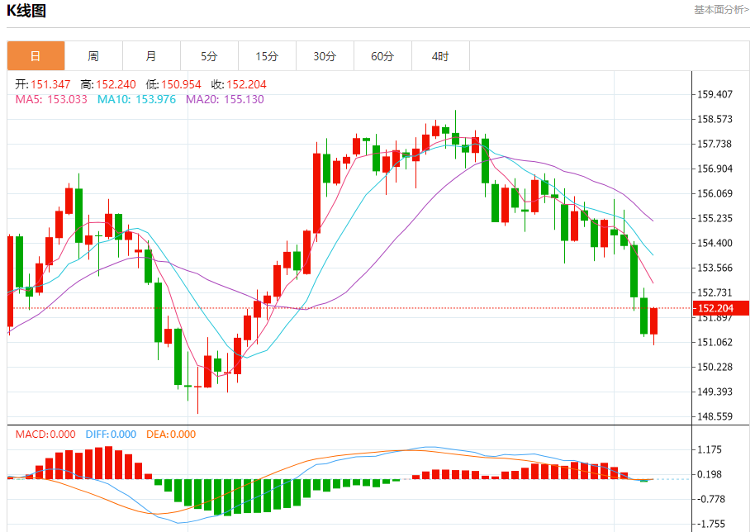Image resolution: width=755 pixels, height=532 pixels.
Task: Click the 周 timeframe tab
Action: [93, 56]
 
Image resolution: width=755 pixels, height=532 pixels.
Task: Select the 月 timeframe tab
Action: [151, 56]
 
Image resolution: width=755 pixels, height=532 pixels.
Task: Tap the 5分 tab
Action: [209, 56]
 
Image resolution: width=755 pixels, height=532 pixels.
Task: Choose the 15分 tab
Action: [267, 56]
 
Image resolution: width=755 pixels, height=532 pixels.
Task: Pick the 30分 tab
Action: [325, 56]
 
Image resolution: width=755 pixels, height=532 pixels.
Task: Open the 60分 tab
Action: [382, 56]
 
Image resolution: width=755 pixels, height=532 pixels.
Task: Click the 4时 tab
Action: [440, 56]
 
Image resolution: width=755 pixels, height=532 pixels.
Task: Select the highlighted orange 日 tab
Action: [36, 56]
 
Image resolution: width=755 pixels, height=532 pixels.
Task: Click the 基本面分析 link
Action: [721, 10]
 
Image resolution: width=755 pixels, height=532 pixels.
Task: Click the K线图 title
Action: [26, 11]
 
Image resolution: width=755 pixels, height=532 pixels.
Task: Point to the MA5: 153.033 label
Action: [51, 99]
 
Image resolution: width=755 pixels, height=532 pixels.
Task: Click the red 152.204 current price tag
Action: [721, 308]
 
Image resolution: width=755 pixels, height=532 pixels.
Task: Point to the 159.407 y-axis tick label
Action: [715, 94]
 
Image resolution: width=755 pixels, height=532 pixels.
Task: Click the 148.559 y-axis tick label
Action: [715, 416]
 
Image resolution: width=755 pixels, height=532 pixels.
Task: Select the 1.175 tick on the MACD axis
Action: [710, 449]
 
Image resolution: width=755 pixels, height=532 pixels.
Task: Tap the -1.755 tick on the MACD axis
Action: [710, 524]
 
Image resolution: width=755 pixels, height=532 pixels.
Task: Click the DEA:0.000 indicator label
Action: [171, 435]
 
